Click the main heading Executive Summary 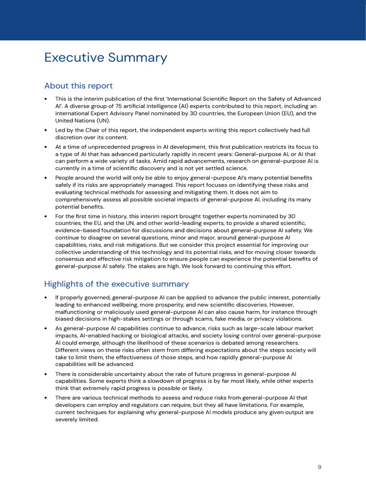tap(105, 58)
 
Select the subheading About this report tap(78, 86)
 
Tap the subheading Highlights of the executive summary tap(116, 284)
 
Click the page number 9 tap(319, 467)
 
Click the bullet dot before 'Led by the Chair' tap(45, 130)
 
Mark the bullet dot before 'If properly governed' tap(45, 297)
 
